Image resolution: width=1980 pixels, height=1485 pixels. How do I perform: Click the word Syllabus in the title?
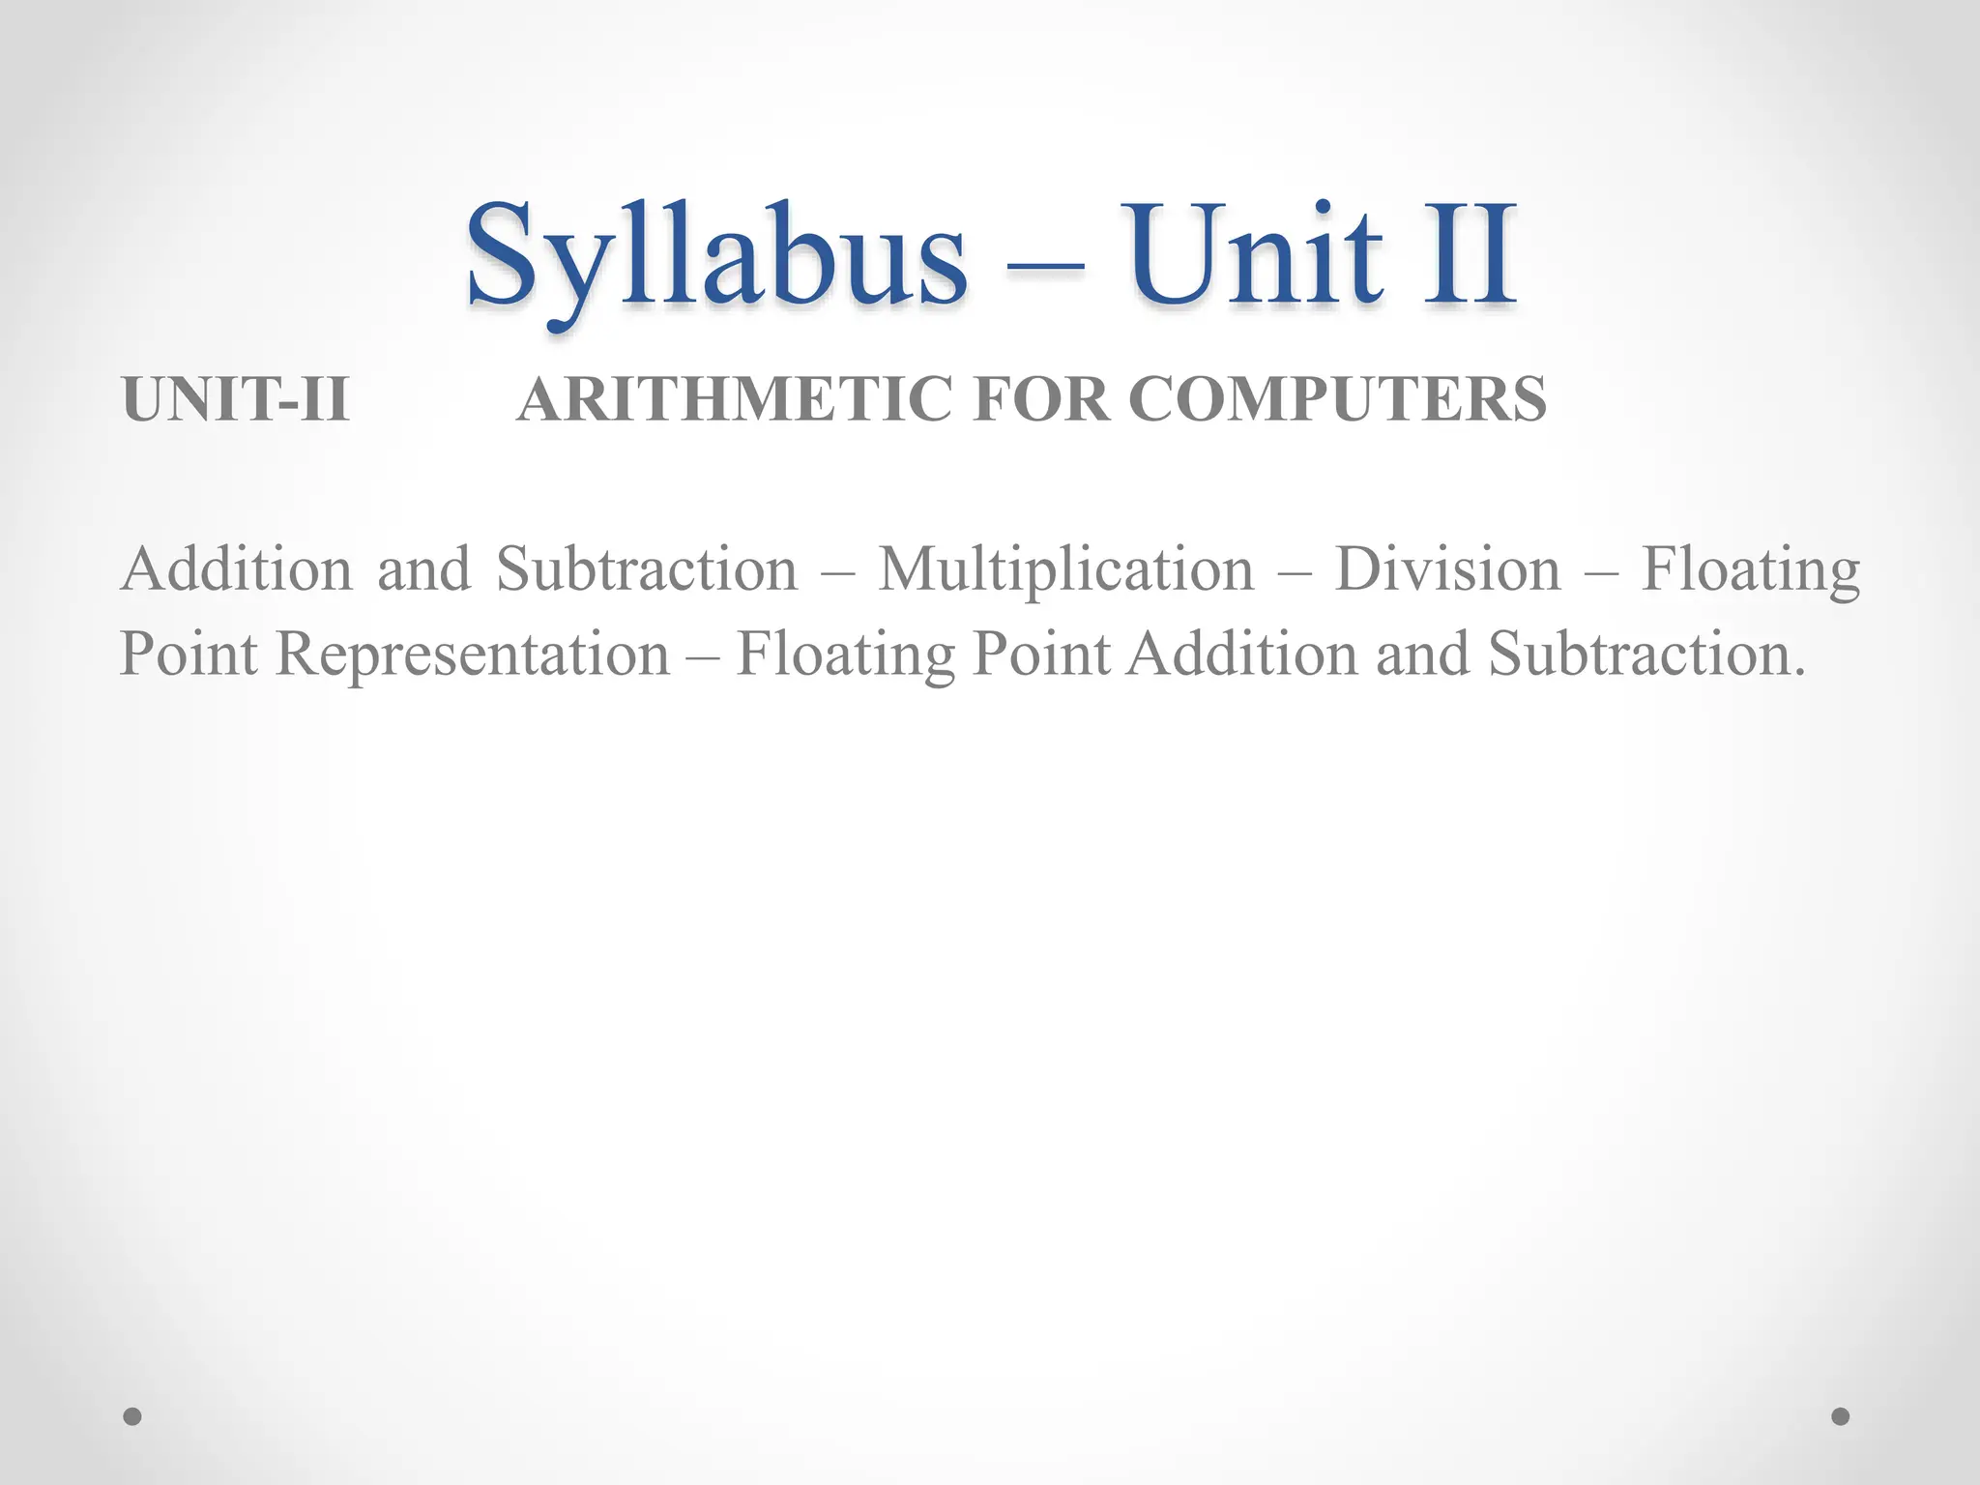(715, 256)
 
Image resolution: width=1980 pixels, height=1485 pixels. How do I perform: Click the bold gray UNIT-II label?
(235, 398)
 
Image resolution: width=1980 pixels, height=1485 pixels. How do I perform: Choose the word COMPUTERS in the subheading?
(1337, 398)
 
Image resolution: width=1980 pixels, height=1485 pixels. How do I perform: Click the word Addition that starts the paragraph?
(236, 568)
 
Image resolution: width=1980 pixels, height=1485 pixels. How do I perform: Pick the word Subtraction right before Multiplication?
(647, 568)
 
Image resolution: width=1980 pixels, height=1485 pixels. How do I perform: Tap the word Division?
(1447, 568)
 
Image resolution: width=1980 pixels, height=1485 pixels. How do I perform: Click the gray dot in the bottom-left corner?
(132, 1416)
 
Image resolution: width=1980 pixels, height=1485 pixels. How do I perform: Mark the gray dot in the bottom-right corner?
(1841, 1416)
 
